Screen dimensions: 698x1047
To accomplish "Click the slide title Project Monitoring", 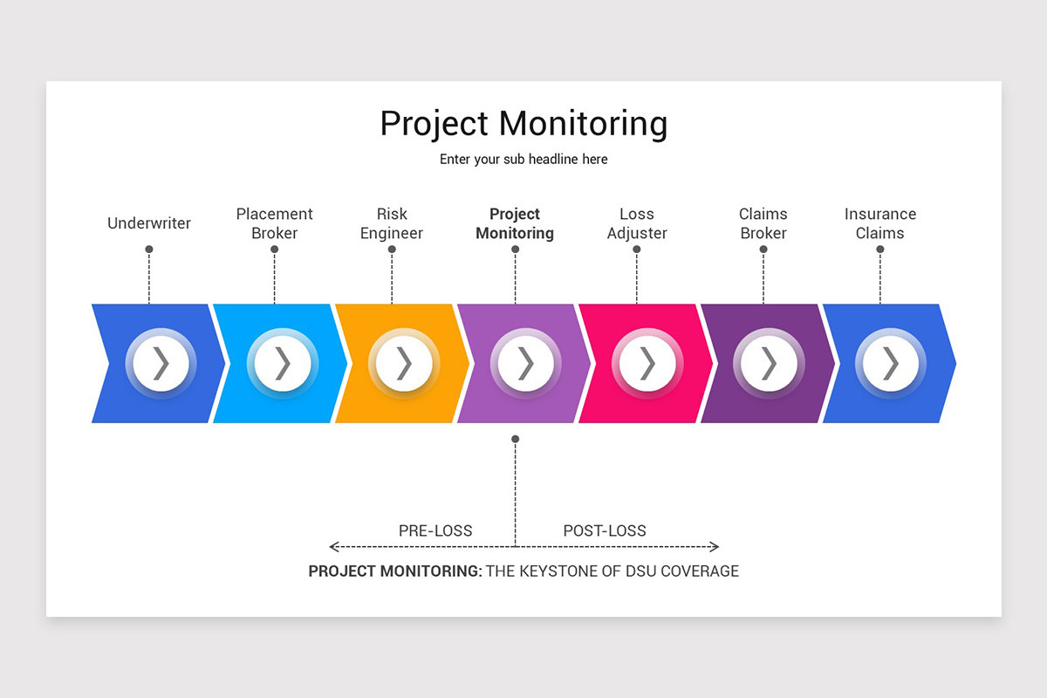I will click(523, 123).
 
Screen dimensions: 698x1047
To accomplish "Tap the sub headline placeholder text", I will click(523, 160).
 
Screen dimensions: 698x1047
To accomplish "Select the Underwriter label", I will click(149, 223).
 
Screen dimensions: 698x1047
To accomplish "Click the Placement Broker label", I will click(275, 223).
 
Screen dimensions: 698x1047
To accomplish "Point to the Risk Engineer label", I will click(392, 223).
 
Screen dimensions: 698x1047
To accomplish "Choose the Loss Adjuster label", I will click(637, 223).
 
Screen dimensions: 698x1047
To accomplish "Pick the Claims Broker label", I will click(763, 223).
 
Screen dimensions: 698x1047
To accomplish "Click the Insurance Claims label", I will click(880, 223).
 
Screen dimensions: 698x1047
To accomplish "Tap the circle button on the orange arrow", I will click(404, 363).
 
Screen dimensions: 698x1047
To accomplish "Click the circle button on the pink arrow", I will click(647, 363).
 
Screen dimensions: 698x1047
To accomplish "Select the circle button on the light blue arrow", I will click(283, 363).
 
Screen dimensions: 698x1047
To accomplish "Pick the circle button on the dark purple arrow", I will click(769, 363).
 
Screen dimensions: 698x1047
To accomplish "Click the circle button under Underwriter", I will click(161, 363).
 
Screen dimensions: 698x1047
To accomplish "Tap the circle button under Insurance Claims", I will click(891, 363).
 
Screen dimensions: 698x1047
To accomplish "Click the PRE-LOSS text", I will click(435, 530).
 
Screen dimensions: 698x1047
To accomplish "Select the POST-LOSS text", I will click(605, 530).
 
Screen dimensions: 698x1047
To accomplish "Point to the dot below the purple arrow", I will click(516, 439).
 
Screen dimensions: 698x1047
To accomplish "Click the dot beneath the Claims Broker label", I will click(763, 250).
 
